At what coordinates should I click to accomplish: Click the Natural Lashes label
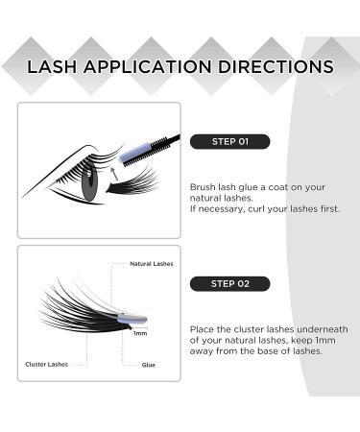click(152, 262)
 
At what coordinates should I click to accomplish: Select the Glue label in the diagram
click(149, 364)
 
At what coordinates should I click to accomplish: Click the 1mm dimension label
click(139, 334)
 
